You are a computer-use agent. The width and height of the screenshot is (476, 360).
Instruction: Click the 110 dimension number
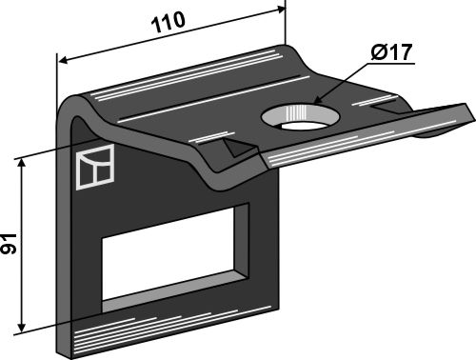pyautogui.click(x=169, y=22)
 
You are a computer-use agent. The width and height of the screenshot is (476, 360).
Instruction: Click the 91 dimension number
pyautogui.click(x=9, y=244)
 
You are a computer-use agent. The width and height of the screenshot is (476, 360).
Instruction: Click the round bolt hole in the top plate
pyautogui.click(x=300, y=116)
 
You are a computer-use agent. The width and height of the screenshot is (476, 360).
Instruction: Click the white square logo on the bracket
pyautogui.click(x=95, y=167)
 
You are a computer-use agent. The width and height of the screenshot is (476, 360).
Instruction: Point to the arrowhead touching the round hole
pyautogui.click(x=318, y=100)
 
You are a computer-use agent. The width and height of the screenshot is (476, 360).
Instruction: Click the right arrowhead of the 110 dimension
pyautogui.click(x=281, y=9)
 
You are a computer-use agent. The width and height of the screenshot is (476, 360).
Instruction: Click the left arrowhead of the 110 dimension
pyautogui.click(x=63, y=60)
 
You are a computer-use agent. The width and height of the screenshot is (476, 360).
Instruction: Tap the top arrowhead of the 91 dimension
pyautogui.click(x=22, y=163)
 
